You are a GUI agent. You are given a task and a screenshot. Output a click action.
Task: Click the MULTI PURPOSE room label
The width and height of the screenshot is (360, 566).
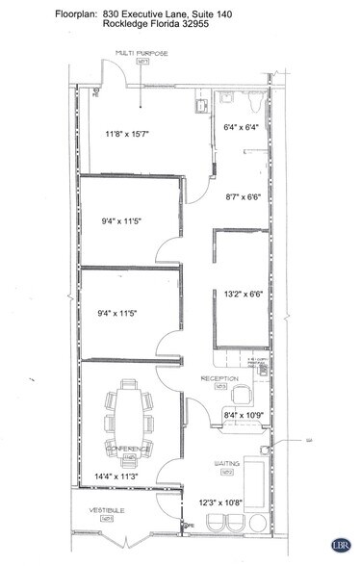click(141, 54)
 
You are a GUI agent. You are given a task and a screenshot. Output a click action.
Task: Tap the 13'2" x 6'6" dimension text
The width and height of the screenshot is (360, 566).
click(244, 296)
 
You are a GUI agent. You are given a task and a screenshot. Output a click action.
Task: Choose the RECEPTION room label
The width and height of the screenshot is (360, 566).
click(219, 379)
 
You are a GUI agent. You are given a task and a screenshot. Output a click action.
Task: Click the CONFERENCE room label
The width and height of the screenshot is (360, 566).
click(127, 450)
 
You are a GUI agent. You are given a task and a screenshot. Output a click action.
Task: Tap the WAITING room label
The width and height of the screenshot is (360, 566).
click(229, 464)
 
